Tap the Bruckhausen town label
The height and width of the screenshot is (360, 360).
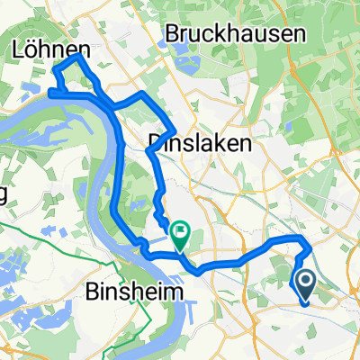[237, 33]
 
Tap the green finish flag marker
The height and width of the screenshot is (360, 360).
[179, 236]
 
